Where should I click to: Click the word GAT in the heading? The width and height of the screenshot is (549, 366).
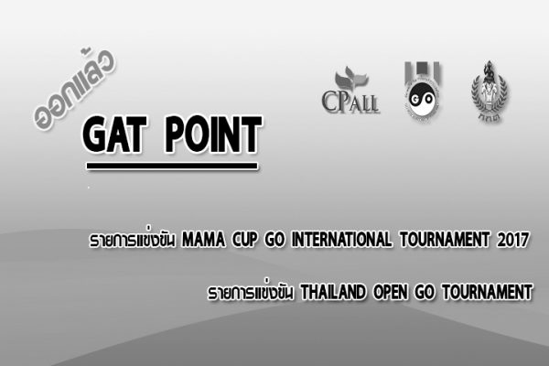tap(113, 135)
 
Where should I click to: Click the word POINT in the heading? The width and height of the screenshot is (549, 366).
tap(213, 135)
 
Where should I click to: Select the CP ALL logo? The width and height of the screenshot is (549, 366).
tap(350, 91)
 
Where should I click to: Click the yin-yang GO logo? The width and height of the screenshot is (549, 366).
tap(422, 91)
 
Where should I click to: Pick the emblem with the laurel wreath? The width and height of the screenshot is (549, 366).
tap(490, 91)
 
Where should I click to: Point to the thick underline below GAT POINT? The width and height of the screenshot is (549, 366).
tap(172, 166)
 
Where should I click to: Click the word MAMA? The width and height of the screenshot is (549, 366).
tap(203, 240)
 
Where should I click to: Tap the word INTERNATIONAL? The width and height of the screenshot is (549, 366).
tap(341, 240)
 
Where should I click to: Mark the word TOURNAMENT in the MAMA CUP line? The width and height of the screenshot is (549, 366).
tap(445, 240)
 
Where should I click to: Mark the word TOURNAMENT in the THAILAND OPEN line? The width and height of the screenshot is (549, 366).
tap(487, 293)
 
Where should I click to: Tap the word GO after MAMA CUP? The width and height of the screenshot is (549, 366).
tap(274, 240)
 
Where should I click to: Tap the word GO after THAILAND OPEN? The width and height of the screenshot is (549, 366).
tap(425, 293)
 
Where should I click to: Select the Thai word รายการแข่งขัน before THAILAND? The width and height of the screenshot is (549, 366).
tap(251, 292)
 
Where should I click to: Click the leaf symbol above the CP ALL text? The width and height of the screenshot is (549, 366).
tap(351, 79)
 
